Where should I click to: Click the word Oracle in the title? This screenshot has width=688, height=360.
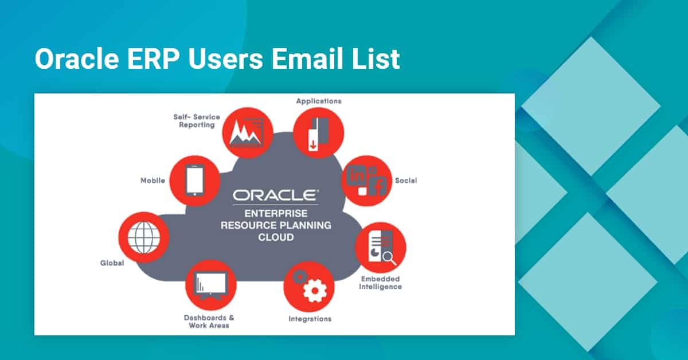coord(77,58)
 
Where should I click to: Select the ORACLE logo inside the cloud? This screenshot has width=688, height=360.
coord(276,195)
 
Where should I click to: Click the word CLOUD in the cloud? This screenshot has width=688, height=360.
coord(276,237)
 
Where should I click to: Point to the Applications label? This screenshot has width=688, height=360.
coord(319,101)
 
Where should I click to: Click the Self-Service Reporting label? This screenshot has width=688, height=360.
coord(197,121)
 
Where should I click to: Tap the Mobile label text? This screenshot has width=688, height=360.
coord(153,181)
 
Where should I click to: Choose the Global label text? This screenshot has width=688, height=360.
coord(112,263)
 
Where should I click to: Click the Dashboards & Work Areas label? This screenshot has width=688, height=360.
coord(209,322)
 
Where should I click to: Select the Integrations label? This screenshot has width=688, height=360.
coord(310,319)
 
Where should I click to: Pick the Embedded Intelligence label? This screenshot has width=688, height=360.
coord(380,283)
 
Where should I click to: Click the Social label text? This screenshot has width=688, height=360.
coord(406,181)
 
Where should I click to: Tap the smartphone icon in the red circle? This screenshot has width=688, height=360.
coord(195,181)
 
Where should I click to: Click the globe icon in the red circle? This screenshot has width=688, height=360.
coord(144,237)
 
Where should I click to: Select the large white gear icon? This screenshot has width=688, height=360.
coord(315,291)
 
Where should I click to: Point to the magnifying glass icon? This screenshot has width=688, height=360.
coord(389,258)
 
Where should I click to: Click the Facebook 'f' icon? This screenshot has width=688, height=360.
coord(378,186)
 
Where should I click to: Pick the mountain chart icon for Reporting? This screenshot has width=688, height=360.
coord(247,132)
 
